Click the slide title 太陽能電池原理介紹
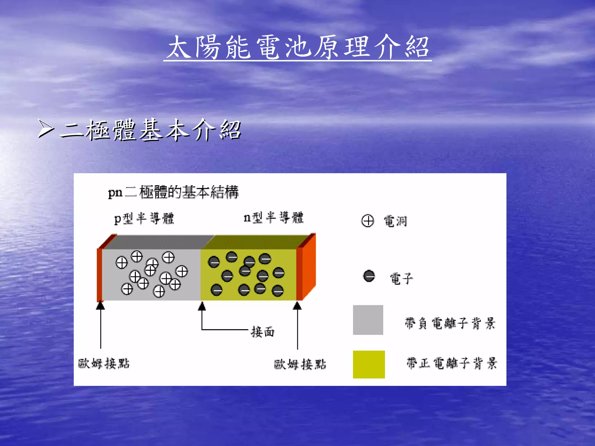[x=297, y=47]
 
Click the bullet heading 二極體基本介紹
[x=150, y=130]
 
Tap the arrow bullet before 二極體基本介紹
[x=46, y=129]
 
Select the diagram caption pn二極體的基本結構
[x=173, y=192]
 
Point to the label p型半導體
[x=144, y=218]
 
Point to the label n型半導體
[x=273, y=217]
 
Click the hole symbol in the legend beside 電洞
[x=368, y=221]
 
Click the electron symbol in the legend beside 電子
[x=369, y=276]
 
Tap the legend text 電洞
[x=395, y=221]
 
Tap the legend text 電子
[x=401, y=279]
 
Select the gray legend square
[x=368, y=320]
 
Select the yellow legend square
[x=369, y=364]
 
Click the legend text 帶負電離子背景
[x=450, y=323]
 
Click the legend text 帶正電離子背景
[x=451, y=363]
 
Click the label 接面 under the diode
[x=263, y=332]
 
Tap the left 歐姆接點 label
[x=104, y=363]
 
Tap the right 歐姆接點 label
[x=300, y=364]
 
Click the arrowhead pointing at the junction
[x=202, y=306]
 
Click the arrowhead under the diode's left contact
[x=100, y=305]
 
